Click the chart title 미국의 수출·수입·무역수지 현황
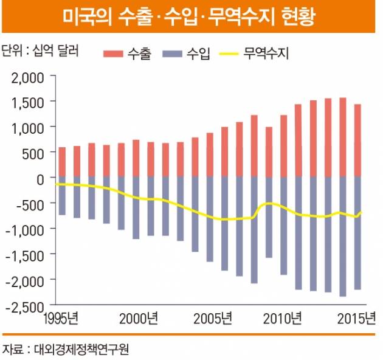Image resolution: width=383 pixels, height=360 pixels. coord(191,16)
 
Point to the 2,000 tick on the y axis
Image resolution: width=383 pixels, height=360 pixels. coord(24,77)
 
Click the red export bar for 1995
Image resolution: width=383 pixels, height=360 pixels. coord(62,162)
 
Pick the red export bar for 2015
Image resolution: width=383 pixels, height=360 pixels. coord(357,140)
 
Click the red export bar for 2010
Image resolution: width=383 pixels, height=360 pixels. coord(284,146)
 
